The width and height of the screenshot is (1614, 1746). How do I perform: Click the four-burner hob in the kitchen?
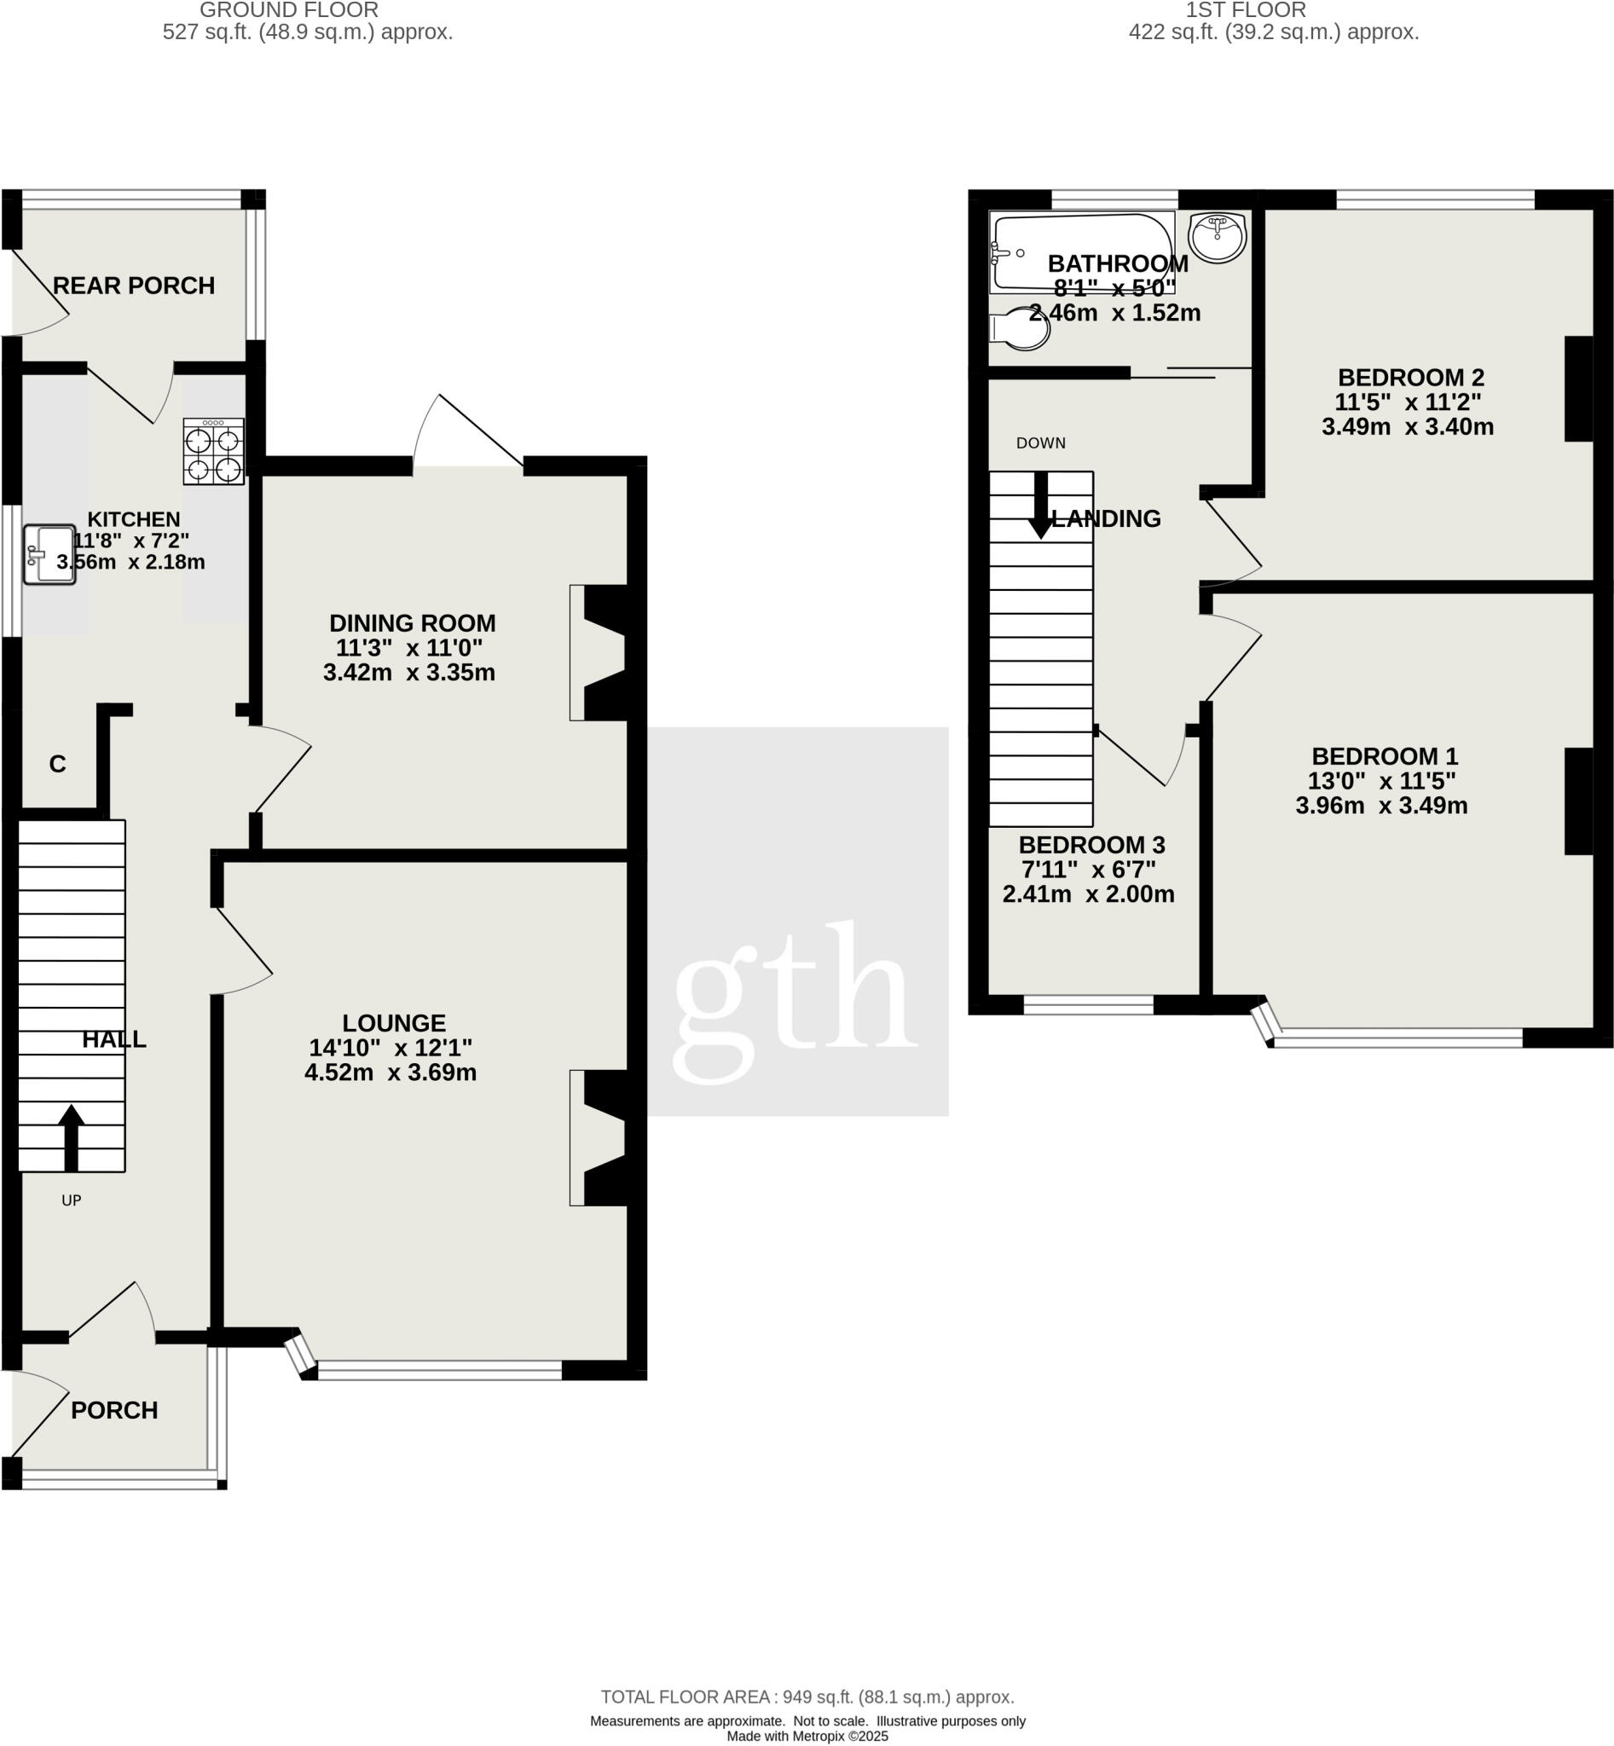(x=213, y=451)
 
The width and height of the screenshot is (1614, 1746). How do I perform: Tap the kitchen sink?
(x=49, y=554)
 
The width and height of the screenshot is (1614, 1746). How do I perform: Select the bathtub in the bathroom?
(x=1081, y=251)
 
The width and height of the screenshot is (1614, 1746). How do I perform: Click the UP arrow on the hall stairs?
(x=71, y=1136)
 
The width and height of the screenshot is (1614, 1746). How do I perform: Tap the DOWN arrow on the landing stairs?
(x=1040, y=505)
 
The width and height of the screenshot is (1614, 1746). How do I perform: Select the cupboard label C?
(x=58, y=764)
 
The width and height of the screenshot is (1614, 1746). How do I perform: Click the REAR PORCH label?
(x=134, y=286)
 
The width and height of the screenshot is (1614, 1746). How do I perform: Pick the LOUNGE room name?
(x=394, y=1023)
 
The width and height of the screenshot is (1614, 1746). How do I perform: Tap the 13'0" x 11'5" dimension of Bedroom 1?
(x=1382, y=781)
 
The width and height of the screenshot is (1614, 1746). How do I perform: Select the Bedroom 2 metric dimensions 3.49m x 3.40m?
(x=1407, y=427)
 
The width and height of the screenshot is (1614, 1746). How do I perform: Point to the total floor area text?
(x=807, y=1697)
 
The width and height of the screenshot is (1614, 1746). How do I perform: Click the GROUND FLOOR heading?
(x=289, y=10)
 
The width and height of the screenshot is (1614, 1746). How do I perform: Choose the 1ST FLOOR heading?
(x=1246, y=10)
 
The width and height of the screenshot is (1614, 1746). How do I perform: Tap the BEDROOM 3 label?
(x=1091, y=845)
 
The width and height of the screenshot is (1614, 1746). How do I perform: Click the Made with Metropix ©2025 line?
(x=807, y=1737)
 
